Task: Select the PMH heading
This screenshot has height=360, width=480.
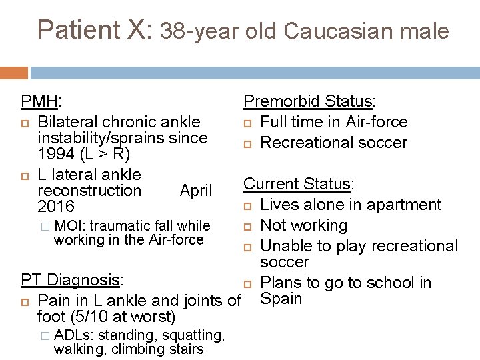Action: pos(39,101)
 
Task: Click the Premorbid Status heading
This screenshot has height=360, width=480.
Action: pos(307,101)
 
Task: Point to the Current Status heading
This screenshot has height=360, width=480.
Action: pos(297,184)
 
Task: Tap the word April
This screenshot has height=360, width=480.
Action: pos(196,191)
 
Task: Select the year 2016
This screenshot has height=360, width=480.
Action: pos(57,207)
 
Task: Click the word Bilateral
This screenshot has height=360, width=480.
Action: pos(69,122)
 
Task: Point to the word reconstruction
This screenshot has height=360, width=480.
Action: pos(89,191)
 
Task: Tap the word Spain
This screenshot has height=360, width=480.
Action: pos(283,299)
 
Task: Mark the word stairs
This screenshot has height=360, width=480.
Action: pos(184,349)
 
